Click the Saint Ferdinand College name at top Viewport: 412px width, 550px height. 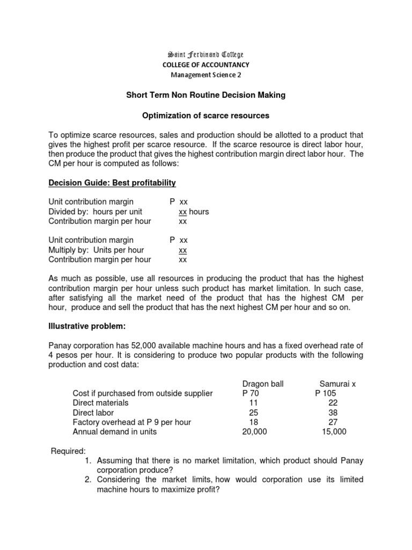click(x=206, y=55)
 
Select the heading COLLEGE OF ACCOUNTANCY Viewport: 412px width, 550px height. click(x=206, y=65)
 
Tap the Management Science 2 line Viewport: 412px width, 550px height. click(x=206, y=75)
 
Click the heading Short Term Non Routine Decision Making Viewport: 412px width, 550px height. click(x=206, y=95)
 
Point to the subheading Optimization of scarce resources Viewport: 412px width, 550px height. click(x=206, y=115)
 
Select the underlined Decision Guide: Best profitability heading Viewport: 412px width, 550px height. click(x=112, y=183)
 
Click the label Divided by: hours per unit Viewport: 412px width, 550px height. click(x=95, y=212)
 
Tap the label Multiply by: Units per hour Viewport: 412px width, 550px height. click(x=96, y=250)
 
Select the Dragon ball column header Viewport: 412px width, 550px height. click(x=263, y=384)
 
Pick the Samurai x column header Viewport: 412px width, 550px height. click(x=338, y=384)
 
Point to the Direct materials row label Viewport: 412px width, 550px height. click(x=101, y=403)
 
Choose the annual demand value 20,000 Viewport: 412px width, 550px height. click(x=254, y=432)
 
